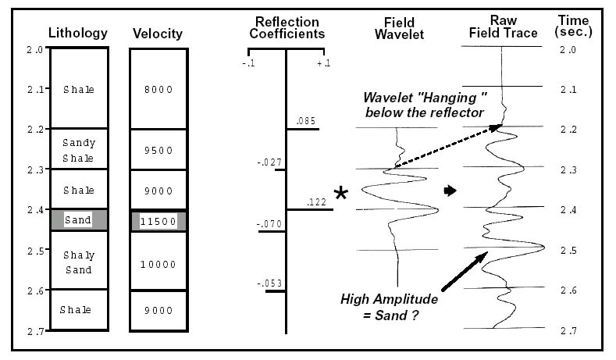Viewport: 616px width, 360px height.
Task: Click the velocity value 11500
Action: click(x=158, y=221)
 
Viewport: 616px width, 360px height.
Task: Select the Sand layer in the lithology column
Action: click(x=78, y=220)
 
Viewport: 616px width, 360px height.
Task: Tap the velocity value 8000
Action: click(x=158, y=90)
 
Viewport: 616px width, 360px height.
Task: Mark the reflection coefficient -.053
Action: click(x=269, y=283)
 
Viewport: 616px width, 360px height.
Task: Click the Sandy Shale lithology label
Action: click(x=78, y=151)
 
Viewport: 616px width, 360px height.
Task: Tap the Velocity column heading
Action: click(x=158, y=34)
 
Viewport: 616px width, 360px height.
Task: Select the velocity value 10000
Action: click(x=158, y=265)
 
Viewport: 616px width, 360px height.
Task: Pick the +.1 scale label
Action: click(x=323, y=62)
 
